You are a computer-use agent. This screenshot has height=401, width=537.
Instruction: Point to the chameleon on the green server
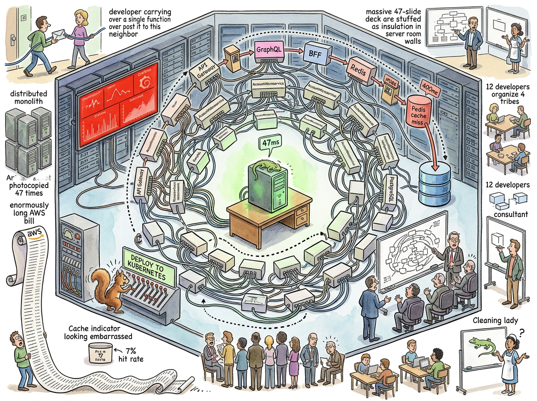coord(264,168)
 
